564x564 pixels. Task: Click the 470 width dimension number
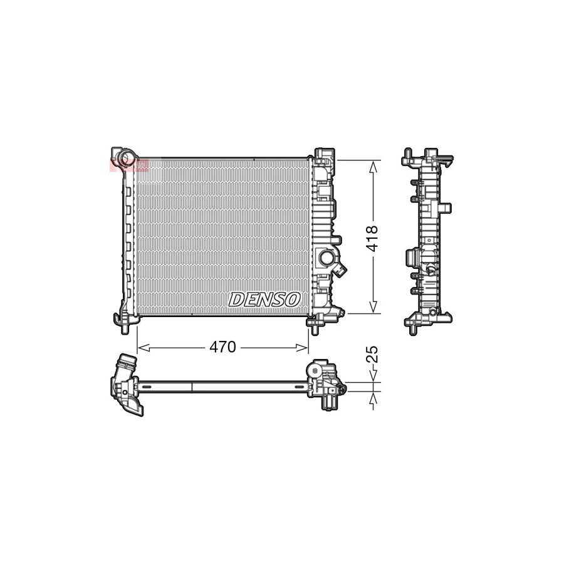(222, 347)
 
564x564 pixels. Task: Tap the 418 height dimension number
(372, 238)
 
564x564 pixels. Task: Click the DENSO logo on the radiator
(264, 300)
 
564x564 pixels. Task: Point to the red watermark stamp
(128, 165)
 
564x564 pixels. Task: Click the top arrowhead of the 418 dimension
(373, 165)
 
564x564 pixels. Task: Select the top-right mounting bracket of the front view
(325, 154)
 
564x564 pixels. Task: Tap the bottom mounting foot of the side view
(414, 326)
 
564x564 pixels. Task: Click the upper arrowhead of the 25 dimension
(373, 378)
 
